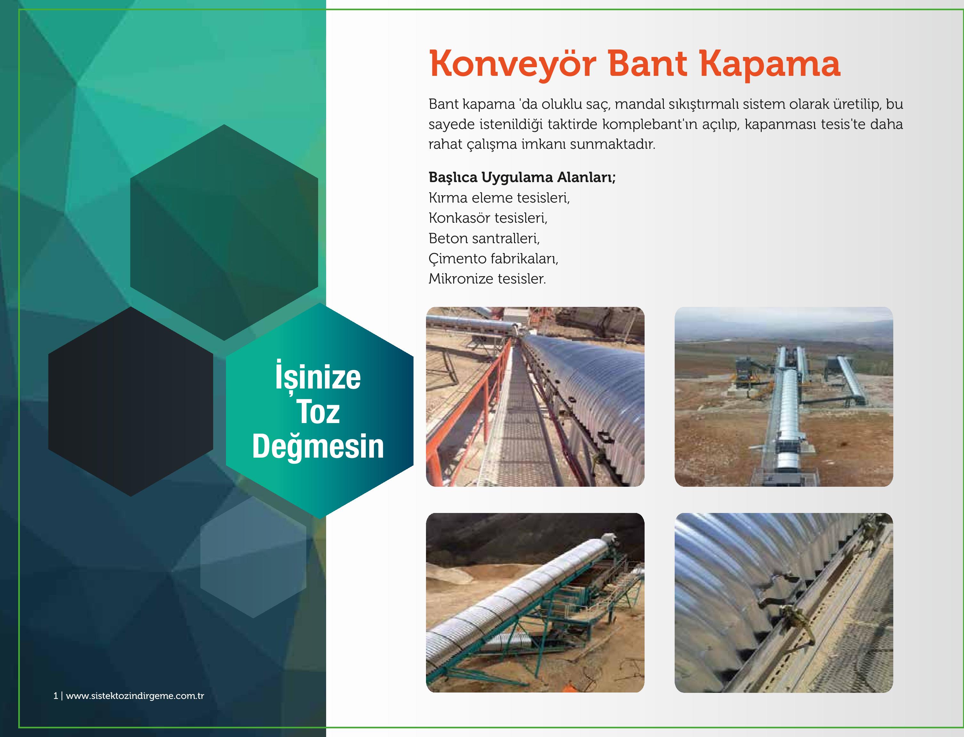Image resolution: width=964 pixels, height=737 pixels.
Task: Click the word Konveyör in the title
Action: (512, 65)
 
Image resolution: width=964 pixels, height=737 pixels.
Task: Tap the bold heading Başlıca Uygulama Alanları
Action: (522, 178)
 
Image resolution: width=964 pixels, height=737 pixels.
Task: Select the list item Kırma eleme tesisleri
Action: (499, 198)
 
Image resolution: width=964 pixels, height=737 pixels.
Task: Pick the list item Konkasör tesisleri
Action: (488, 218)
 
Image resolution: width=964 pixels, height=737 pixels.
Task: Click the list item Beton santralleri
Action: (484, 238)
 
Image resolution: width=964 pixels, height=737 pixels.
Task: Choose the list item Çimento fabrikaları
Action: (493, 258)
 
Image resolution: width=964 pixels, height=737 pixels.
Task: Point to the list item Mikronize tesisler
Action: (487, 278)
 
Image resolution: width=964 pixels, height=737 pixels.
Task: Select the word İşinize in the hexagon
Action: (318, 376)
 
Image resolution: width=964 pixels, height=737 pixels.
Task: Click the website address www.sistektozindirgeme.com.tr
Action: (135, 696)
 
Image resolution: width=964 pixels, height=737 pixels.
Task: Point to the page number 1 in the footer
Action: (55, 696)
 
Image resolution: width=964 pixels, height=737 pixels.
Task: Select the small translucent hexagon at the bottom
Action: (253, 557)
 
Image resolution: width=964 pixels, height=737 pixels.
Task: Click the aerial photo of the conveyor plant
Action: (784, 397)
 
